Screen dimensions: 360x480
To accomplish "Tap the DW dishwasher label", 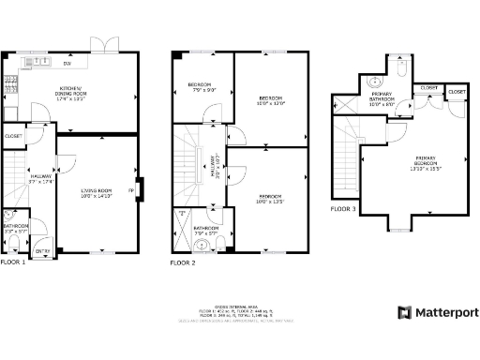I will click(x=67, y=63).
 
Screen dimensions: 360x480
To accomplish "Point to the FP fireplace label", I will click(x=131, y=191).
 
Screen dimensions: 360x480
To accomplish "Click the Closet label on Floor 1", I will click(x=13, y=136).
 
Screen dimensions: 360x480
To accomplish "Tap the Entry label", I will click(x=42, y=251).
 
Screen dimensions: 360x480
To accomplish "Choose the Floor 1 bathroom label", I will click(x=14, y=227).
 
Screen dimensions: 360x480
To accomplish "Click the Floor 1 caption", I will click(x=13, y=262).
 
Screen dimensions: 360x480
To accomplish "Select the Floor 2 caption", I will click(x=183, y=263).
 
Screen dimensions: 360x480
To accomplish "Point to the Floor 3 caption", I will click(x=344, y=209).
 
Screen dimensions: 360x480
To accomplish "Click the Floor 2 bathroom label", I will click(x=206, y=230).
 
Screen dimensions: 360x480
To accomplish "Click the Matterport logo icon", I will click(x=404, y=312).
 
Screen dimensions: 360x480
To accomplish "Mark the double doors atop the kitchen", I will click(x=105, y=44).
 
